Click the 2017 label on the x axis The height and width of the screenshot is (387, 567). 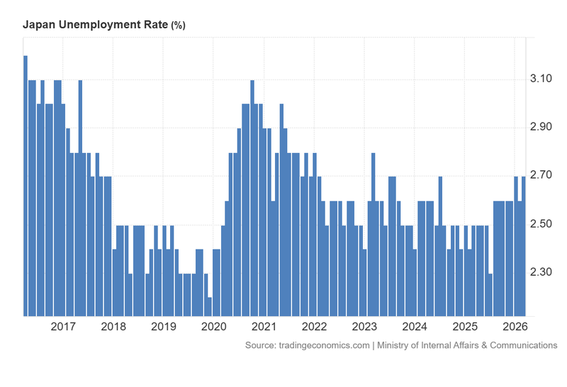click(x=63, y=327)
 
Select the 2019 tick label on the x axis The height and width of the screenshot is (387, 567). click(x=164, y=327)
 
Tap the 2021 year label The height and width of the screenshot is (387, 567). click(x=264, y=327)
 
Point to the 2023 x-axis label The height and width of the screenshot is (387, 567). click(x=364, y=327)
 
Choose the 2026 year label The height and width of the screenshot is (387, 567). click(x=515, y=327)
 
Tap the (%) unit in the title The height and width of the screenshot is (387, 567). click(x=178, y=26)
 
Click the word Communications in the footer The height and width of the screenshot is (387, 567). click(x=522, y=345)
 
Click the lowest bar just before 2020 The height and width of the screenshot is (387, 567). click(x=209, y=306)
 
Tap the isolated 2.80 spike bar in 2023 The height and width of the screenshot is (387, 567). click(x=373, y=234)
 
